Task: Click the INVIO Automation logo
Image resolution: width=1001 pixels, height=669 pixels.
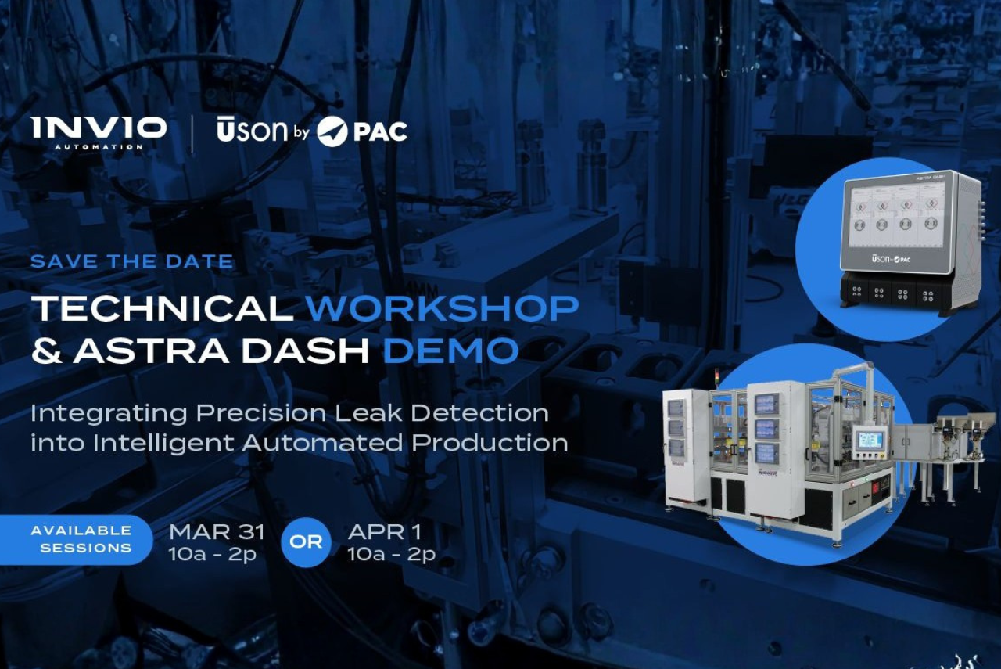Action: [99, 131]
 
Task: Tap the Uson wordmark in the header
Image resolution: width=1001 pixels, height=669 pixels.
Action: [252, 131]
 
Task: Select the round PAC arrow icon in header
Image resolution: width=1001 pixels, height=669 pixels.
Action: [332, 131]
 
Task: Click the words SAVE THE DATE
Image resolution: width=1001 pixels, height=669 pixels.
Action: [131, 261]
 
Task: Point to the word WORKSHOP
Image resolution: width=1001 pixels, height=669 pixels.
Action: [442, 308]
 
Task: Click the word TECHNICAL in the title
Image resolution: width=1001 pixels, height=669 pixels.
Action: [162, 308]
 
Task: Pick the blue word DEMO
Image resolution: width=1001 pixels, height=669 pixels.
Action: [450, 351]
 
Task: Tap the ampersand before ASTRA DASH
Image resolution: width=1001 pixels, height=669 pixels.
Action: [46, 351]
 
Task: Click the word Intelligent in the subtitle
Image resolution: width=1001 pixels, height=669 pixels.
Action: [163, 442]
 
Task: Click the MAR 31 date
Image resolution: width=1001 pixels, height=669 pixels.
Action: [217, 532]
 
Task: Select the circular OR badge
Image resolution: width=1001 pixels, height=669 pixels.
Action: [306, 541]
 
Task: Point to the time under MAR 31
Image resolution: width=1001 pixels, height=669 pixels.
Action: [213, 555]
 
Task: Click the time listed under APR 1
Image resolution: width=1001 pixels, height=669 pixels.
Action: [392, 555]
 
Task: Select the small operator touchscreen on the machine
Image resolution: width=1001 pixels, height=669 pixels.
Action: [870, 440]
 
